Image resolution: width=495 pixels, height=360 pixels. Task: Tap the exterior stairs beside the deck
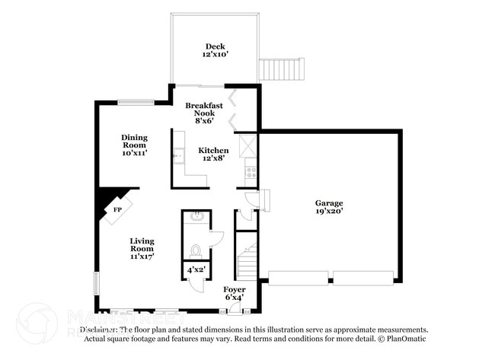point(283,70)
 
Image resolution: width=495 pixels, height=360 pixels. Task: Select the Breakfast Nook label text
point(204,113)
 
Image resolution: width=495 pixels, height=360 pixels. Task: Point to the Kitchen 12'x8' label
point(213,155)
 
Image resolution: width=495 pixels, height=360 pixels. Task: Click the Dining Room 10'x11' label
point(134,145)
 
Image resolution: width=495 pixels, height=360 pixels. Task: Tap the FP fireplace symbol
point(118,209)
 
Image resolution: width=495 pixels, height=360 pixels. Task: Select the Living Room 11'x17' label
point(142,248)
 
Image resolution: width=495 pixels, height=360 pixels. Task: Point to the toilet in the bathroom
point(196,249)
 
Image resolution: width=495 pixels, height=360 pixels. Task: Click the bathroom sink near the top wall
point(196,217)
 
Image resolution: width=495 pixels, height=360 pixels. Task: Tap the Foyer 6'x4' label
point(234,293)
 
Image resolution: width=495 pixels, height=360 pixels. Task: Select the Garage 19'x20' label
point(329,207)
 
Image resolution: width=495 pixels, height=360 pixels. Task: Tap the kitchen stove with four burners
point(250,171)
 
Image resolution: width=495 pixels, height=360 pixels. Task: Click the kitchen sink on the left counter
point(177,156)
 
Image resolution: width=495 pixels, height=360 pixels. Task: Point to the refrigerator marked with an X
point(249,145)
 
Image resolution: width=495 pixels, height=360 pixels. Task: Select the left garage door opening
point(298,278)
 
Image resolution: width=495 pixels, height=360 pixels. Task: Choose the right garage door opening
point(363,278)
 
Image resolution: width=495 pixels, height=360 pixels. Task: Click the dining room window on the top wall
point(136,103)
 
